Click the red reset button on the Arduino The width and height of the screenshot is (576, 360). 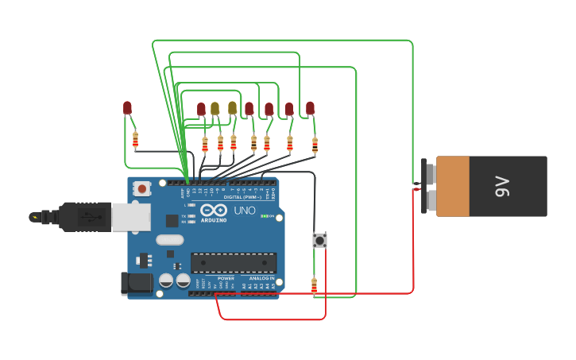(141, 188)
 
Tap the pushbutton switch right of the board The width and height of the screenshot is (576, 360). (319, 239)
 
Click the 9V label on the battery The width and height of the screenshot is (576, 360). (502, 187)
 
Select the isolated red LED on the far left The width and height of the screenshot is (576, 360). (127, 108)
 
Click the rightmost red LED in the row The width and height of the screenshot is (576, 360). (310, 108)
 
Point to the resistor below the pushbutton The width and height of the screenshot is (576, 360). (314, 285)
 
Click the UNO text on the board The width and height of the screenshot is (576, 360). (241, 211)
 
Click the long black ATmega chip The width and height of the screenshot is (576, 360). (234, 262)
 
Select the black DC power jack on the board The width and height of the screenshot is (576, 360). (135, 284)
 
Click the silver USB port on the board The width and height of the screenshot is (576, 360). (130, 216)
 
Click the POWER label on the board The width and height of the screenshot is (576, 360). (226, 278)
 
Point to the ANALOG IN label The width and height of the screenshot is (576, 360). (261, 278)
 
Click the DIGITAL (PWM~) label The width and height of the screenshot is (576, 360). (238, 197)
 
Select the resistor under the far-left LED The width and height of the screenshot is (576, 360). (135, 141)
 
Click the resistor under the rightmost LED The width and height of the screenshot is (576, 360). (315, 145)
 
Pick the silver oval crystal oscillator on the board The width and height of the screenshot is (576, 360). (169, 240)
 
